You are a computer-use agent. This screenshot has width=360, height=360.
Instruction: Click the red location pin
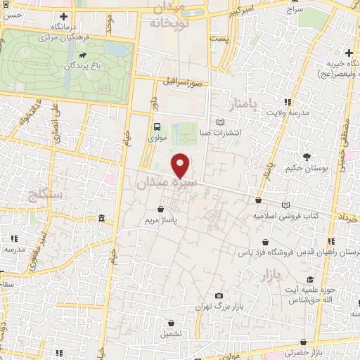coord(181,165)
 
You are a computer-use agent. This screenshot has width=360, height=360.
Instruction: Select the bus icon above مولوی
coord(156,127)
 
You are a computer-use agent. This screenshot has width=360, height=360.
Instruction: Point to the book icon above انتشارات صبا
coord(221,122)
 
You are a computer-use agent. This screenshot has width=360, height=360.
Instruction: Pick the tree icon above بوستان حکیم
coord(307,157)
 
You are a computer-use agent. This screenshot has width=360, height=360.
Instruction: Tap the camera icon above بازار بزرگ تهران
coord(219,296)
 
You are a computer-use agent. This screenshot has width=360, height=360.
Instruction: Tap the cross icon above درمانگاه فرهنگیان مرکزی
coord(65,16)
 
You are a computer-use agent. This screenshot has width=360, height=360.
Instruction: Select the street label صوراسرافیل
coord(186,82)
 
